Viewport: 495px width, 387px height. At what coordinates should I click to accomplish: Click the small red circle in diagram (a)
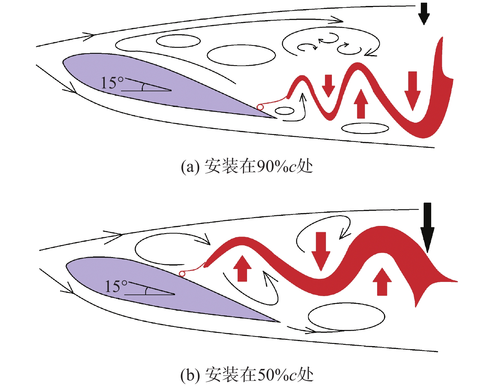260,107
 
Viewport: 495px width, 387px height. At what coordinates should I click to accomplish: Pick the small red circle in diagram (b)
182,274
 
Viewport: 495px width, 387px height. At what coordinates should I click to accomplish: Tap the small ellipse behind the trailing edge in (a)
284,111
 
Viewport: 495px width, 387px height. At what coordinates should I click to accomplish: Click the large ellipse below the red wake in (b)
346,317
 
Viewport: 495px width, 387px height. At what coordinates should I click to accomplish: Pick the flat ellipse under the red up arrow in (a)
365,128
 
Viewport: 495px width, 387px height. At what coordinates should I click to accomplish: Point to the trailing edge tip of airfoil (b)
279,322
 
